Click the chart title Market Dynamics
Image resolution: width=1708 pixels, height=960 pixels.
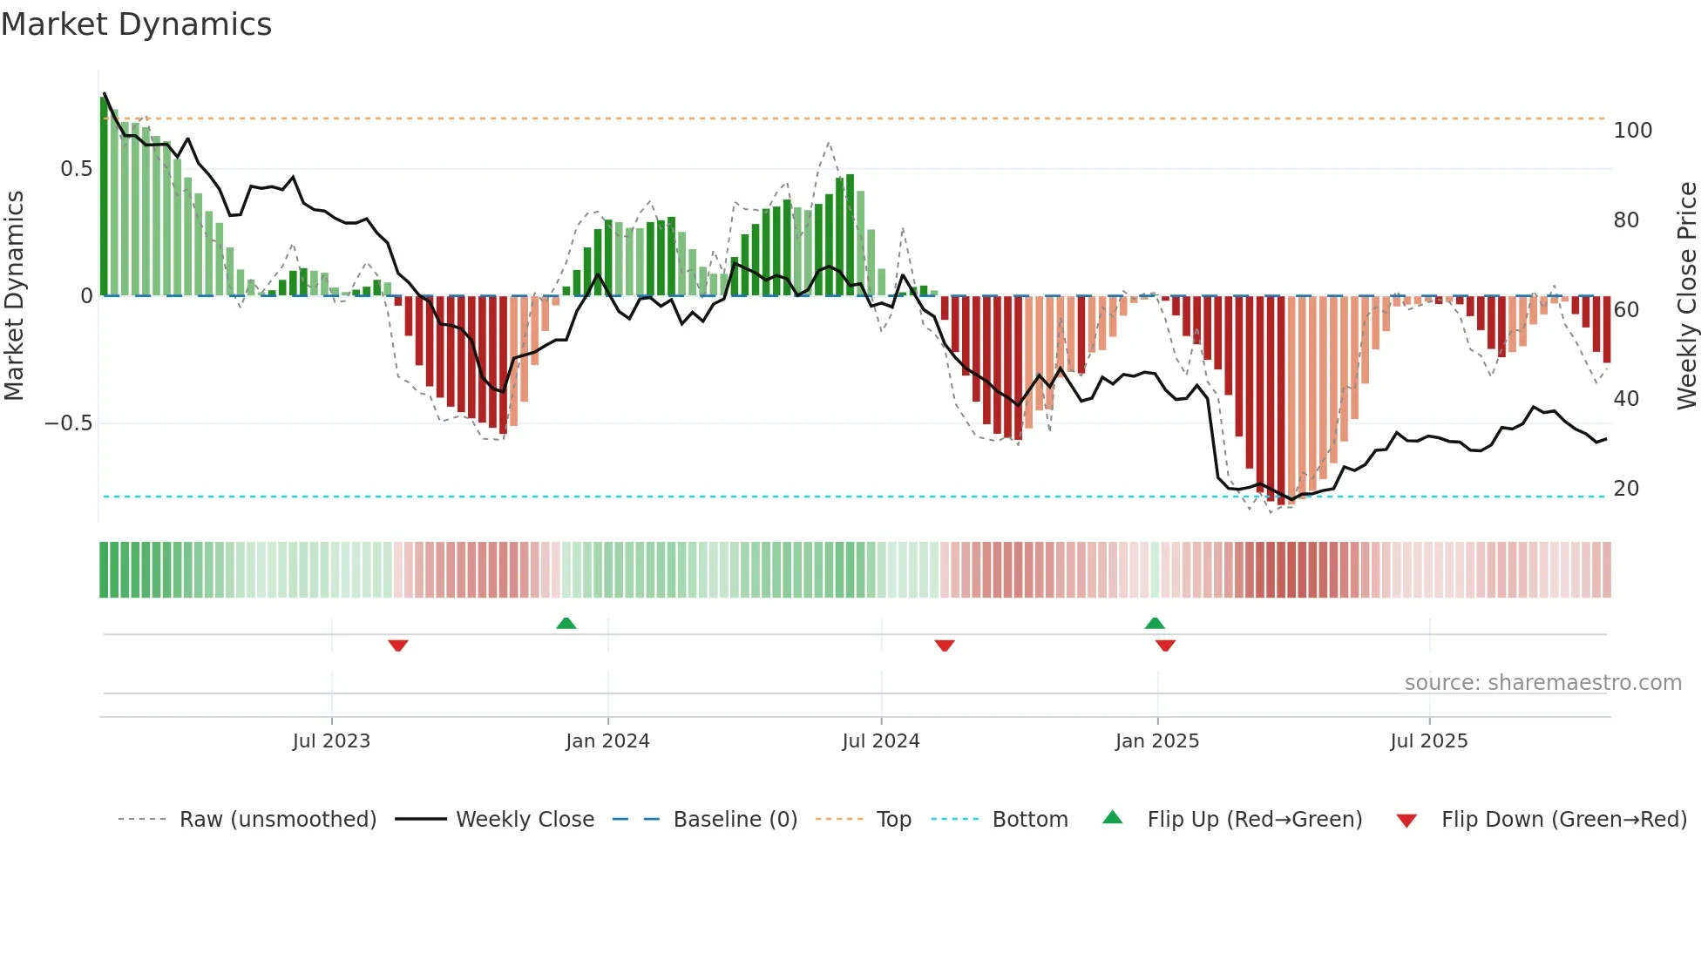tap(137, 24)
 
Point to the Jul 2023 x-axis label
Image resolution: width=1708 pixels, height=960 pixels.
tap(331, 741)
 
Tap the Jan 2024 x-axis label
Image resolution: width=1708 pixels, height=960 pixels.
tap(607, 741)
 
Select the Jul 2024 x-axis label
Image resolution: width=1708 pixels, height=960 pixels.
tap(881, 741)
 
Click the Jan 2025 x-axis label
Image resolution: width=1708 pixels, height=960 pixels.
tap(1157, 741)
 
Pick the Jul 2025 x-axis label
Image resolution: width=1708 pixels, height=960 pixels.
tap(1429, 741)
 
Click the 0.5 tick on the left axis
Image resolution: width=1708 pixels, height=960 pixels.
tap(77, 169)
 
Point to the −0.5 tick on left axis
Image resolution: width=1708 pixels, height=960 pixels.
tap(69, 423)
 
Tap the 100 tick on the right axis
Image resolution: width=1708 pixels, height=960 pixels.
tap(1632, 131)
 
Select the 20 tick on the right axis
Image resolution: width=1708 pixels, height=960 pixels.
tap(1626, 489)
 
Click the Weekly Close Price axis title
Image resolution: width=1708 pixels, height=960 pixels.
tap(1687, 296)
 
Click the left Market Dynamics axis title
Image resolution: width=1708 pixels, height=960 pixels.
tap(15, 296)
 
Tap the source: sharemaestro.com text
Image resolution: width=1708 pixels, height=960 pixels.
tap(1542, 683)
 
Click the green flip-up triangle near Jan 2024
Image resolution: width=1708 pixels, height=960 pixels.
tap(566, 623)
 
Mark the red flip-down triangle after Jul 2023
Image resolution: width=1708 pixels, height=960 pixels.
tap(398, 646)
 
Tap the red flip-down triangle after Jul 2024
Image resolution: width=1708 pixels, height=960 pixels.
tap(945, 646)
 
